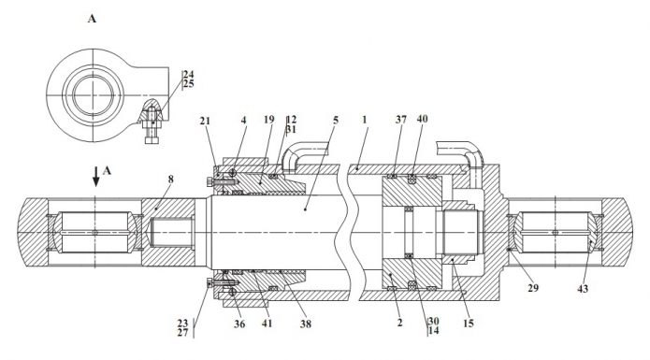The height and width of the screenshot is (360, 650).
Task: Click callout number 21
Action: pyautogui.click(x=205, y=121)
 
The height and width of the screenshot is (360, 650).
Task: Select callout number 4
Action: pyautogui.click(x=244, y=120)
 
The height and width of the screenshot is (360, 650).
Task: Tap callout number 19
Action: pyautogui.click(x=269, y=120)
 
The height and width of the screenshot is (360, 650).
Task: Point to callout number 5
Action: pyautogui.click(x=336, y=120)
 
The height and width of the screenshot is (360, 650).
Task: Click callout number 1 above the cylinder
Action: pyautogui.click(x=365, y=120)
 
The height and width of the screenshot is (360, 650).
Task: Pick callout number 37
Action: pyautogui.click(x=401, y=120)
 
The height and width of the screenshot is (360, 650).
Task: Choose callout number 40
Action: pyautogui.click(x=422, y=119)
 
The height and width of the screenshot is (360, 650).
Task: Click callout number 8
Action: pyautogui.click(x=171, y=180)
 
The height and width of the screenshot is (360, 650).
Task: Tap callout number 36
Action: pyautogui.click(x=239, y=324)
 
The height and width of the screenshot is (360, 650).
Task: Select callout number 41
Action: pyautogui.click(x=267, y=324)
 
